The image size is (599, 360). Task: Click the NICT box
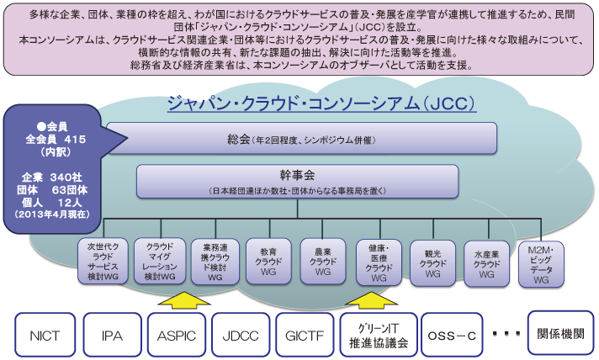point(45,335)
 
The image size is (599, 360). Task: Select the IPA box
point(113,335)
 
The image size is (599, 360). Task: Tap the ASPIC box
point(177,335)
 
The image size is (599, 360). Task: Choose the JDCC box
point(241,335)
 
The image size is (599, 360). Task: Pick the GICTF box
point(305,335)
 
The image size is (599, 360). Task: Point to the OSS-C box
point(452,335)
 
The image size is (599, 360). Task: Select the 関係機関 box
point(560,332)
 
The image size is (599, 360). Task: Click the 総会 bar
point(301,138)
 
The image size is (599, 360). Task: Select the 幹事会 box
point(297,182)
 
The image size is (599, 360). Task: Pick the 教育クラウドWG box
point(268,262)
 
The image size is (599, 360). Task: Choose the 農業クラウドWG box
point(323,262)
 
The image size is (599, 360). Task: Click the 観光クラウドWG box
point(432,263)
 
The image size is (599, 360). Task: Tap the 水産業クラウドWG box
point(486,263)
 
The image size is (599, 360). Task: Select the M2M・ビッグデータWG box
point(541,264)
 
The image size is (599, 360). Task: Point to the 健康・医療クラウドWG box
point(379,262)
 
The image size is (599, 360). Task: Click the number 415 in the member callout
point(75,140)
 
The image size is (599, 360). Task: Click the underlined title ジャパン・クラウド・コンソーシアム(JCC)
point(321,103)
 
